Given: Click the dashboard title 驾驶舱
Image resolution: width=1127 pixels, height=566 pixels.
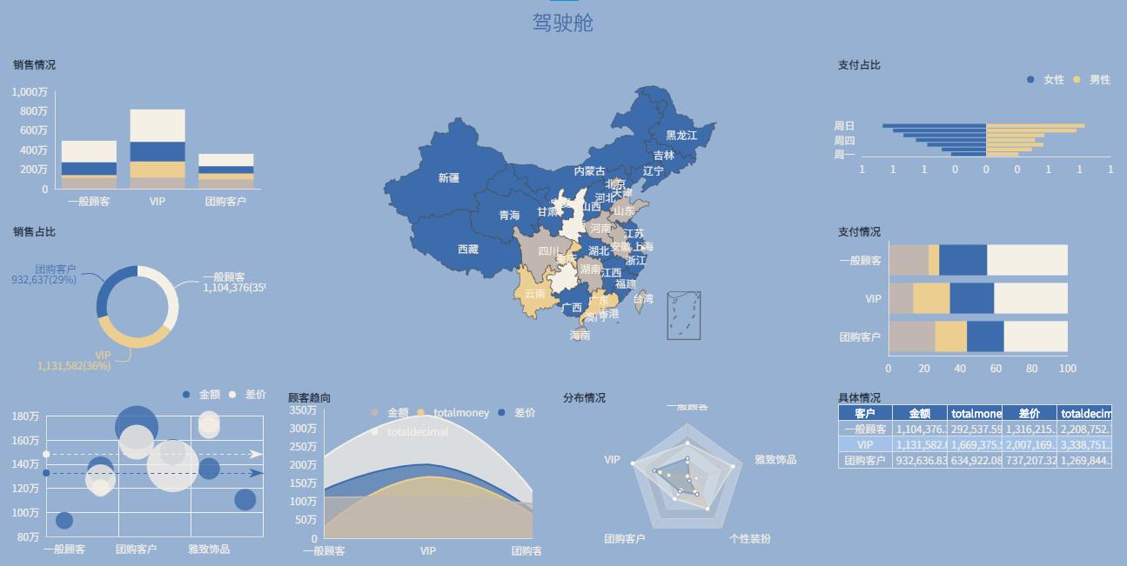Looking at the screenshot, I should (563, 23).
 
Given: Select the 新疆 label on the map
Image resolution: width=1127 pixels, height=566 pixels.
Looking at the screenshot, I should (449, 178).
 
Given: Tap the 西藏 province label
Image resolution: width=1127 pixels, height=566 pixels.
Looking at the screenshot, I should (468, 250).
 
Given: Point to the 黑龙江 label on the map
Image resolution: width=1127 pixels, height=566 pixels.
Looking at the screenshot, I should (681, 136).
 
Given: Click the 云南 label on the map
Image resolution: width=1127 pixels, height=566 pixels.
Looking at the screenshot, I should (535, 294).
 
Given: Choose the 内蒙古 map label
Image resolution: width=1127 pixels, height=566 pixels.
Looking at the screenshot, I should (589, 171).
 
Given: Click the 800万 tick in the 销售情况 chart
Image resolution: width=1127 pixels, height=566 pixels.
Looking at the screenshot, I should (30, 111).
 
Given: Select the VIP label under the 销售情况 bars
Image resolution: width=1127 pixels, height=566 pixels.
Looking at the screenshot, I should (157, 202).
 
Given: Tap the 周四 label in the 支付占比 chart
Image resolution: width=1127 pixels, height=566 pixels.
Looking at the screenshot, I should (844, 141).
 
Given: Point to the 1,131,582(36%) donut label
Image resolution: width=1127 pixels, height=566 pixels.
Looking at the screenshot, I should (74, 366).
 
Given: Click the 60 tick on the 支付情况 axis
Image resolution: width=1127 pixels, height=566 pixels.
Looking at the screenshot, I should (996, 369).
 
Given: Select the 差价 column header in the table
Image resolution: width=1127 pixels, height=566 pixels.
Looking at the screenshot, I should (1029, 414).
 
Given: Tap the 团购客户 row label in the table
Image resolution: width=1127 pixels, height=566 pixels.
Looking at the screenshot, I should (865, 461).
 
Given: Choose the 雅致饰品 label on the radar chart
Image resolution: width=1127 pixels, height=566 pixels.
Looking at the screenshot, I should (775, 460).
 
